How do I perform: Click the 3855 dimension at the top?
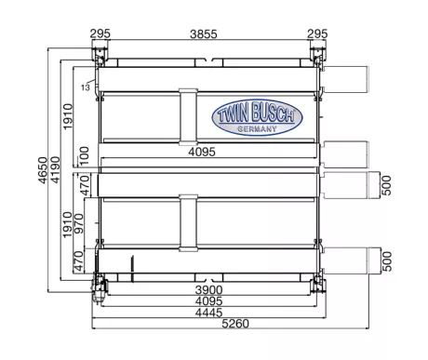click(204, 33)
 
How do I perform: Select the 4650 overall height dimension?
click(43, 170)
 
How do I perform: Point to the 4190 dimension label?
click(55, 169)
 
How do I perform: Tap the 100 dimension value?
click(84, 155)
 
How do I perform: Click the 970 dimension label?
click(78, 223)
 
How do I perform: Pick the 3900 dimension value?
click(208, 290)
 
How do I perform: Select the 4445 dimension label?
click(208, 313)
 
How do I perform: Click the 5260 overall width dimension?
click(235, 324)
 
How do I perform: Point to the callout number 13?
click(86, 87)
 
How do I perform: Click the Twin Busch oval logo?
click(257, 117)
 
